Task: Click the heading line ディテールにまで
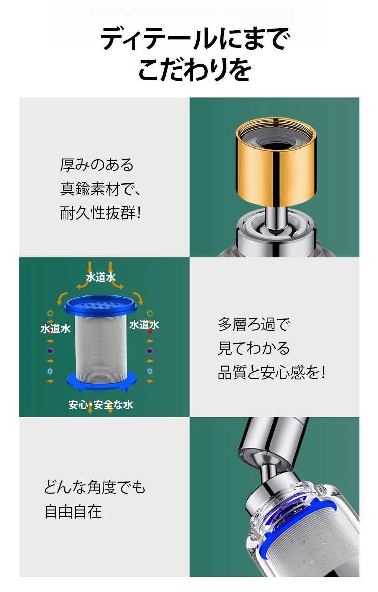(195, 38)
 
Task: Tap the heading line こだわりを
(195, 69)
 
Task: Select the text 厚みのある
(97, 165)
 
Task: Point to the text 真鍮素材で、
(100, 189)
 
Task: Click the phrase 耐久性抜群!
(101, 213)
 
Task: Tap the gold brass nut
(276, 162)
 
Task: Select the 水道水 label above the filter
(101, 277)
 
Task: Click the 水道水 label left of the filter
(55, 328)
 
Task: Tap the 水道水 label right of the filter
(144, 325)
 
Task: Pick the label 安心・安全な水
(101, 405)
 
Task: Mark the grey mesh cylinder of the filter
(101, 347)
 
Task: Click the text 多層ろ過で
(254, 324)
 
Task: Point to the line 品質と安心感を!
(271, 373)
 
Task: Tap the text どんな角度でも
(95, 487)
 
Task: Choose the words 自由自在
(74, 511)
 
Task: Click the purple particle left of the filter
(50, 351)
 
